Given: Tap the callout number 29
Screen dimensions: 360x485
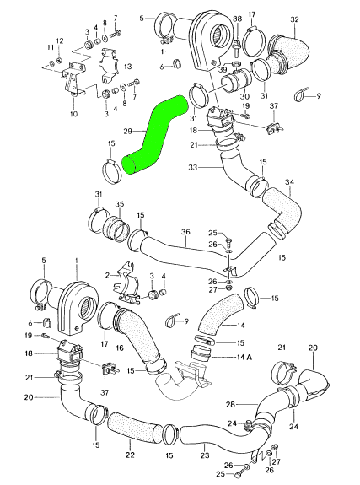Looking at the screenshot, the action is click(x=128, y=131).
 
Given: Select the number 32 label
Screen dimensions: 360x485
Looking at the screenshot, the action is click(x=294, y=19).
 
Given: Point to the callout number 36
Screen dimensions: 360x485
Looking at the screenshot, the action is click(x=185, y=232).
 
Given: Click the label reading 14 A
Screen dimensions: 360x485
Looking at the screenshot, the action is click(x=244, y=357).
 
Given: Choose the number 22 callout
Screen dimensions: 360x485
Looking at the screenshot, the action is click(x=130, y=455).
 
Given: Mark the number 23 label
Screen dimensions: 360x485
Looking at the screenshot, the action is click(x=205, y=455).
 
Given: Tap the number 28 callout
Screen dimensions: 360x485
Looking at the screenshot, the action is click(x=231, y=404).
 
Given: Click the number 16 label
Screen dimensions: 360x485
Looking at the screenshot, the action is click(x=120, y=348).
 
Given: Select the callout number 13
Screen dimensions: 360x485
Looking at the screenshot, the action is click(x=128, y=67).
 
